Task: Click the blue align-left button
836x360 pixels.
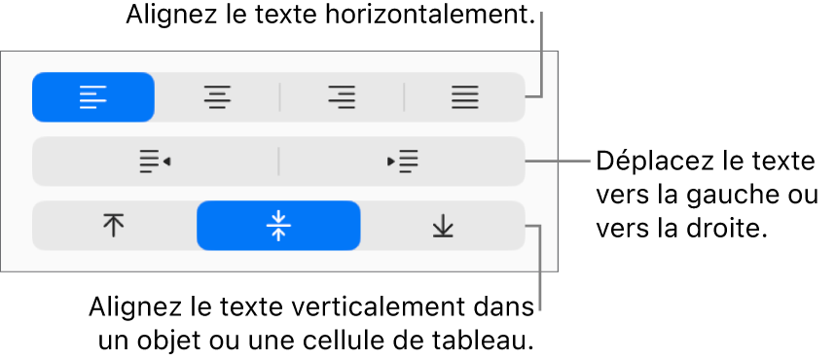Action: point(93,97)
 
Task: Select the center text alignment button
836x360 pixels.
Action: point(217,97)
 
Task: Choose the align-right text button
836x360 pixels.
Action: point(342,97)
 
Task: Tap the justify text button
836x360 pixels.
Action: point(464,97)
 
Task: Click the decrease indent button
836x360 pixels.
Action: point(155,162)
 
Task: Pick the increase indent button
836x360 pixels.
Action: point(402,162)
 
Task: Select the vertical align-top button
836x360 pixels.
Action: point(114,227)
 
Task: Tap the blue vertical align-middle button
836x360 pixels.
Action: point(278,227)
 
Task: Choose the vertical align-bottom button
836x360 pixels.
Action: point(443,227)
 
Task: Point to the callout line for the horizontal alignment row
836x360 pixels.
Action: point(540,54)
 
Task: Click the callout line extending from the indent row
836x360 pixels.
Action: point(560,161)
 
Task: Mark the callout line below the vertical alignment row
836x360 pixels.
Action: point(540,272)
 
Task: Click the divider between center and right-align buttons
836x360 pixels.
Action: point(279,97)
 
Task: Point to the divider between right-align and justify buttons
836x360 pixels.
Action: point(404,97)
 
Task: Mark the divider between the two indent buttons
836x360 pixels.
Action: point(278,162)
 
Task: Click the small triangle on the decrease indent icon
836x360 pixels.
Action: point(166,162)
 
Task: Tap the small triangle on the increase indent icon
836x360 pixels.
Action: point(391,162)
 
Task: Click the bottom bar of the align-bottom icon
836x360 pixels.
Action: point(443,236)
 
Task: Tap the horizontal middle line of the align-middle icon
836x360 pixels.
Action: point(278,227)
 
